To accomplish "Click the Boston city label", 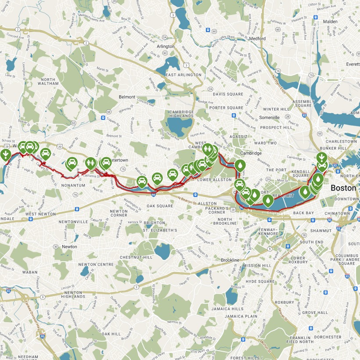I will tap(343, 187).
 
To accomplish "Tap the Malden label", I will tap(330, 22).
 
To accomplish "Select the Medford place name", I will tap(258, 39).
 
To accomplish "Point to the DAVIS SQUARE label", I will tap(228, 94).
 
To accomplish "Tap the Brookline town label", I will tap(230, 260).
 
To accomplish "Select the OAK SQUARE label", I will tap(158, 205).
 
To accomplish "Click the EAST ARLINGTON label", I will tap(184, 75).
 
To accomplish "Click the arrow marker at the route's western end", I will tap(5, 155).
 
